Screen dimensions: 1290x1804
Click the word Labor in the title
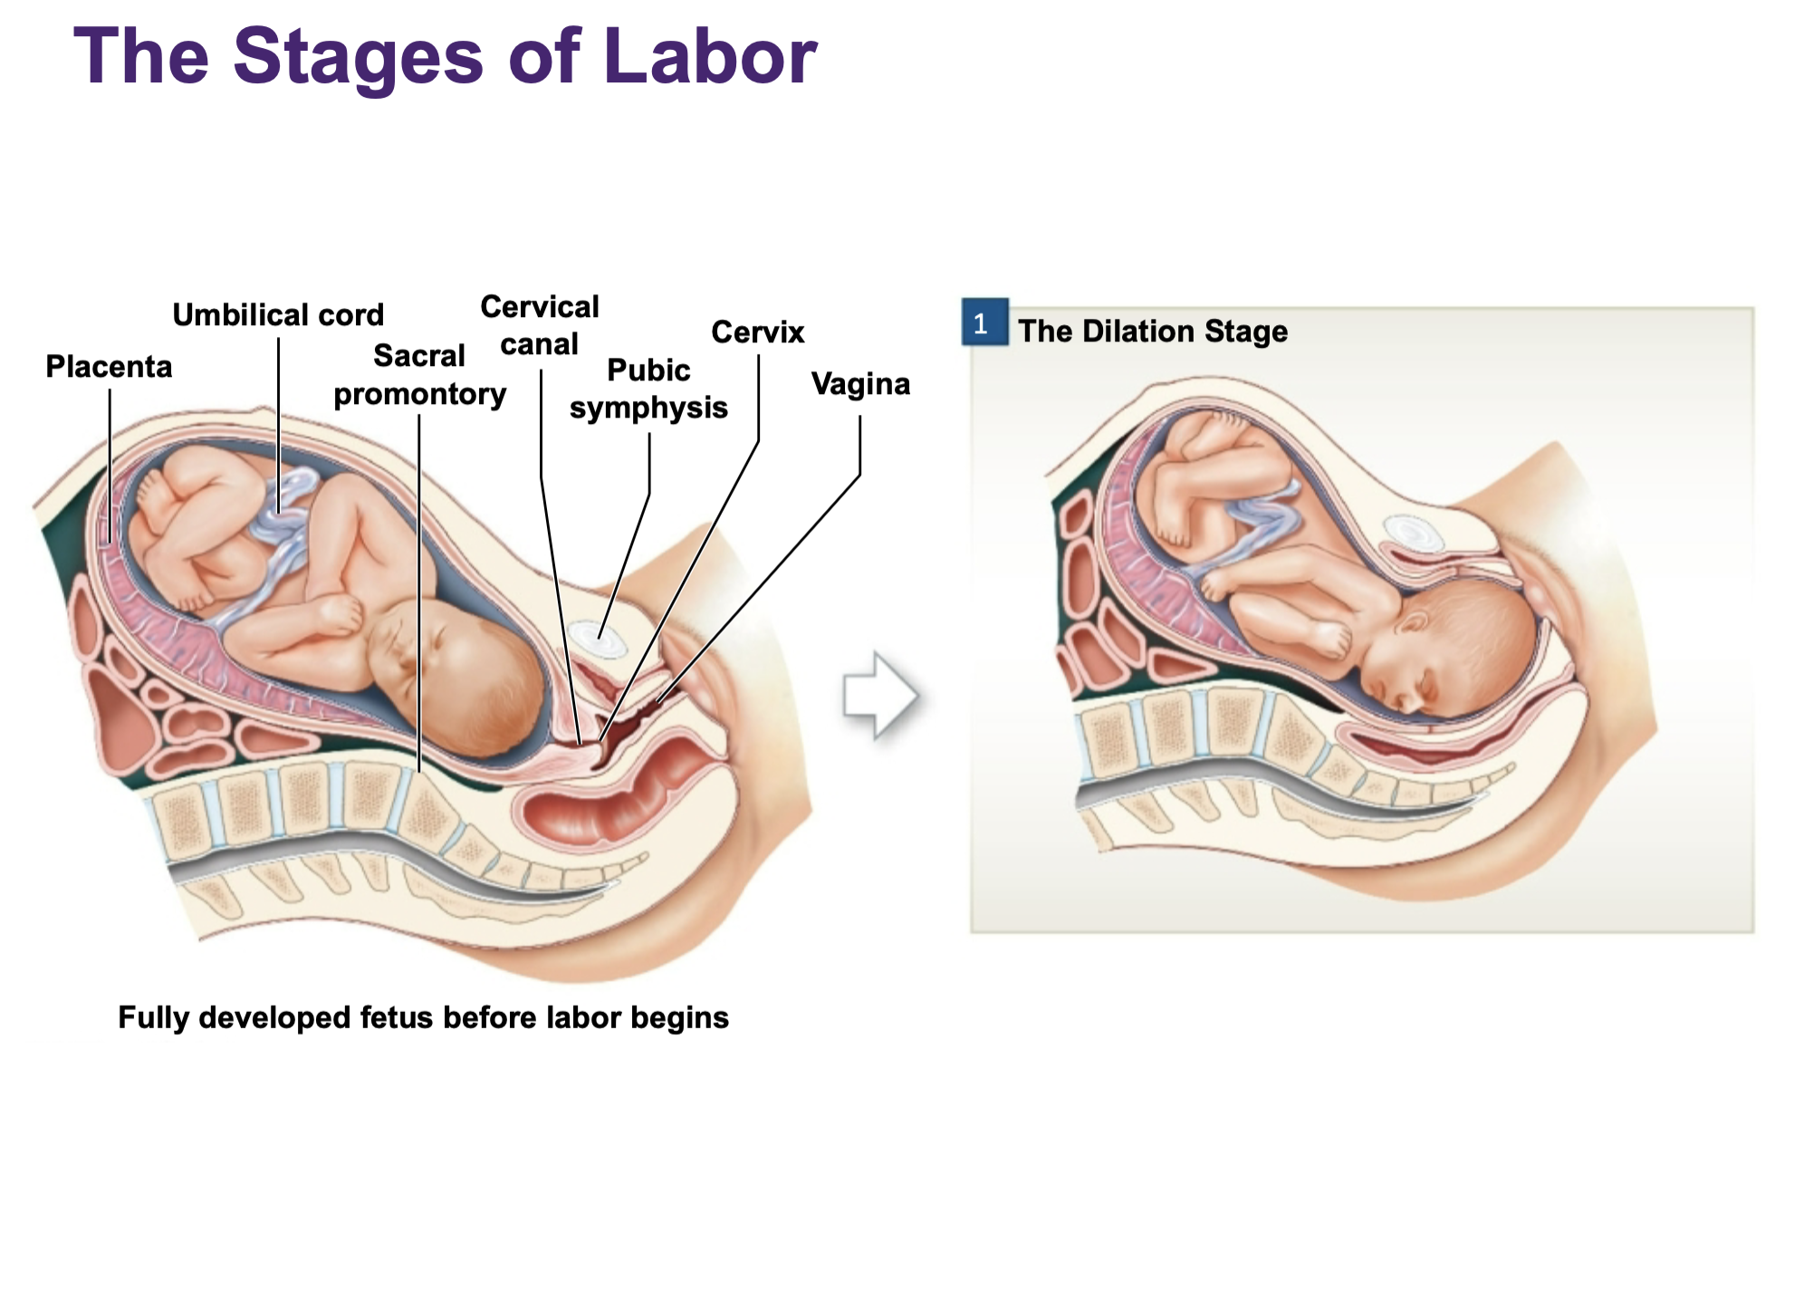pyautogui.click(x=709, y=57)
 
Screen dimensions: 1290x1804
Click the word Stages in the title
pyautogui.click(x=358, y=57)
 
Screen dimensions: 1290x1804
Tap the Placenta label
pyautogui.click(x=109, y=367)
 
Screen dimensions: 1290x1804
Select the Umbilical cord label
pyautogui.click(x=278, y=315)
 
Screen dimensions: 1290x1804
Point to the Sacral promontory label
pyautogui.click(x=419, y=375)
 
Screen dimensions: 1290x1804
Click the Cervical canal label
pyautogui.click(x=540, y=325)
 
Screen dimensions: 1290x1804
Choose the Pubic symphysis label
pyautogui.click(x=648, y=389)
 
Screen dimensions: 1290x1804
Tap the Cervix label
pyautogui.click(x=758, y=332)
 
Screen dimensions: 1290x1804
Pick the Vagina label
pyautogui.click(x=860, y=384)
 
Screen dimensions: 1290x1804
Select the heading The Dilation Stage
pyautogui.click(x=1152, y=332)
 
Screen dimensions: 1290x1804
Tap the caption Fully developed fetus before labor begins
pyautogui.click(x=423, y=1017)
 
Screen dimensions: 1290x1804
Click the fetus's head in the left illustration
pyautogui.click(x=462, y=670)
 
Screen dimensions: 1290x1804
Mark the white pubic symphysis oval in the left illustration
pyautogui.click(x=599, y=640)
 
